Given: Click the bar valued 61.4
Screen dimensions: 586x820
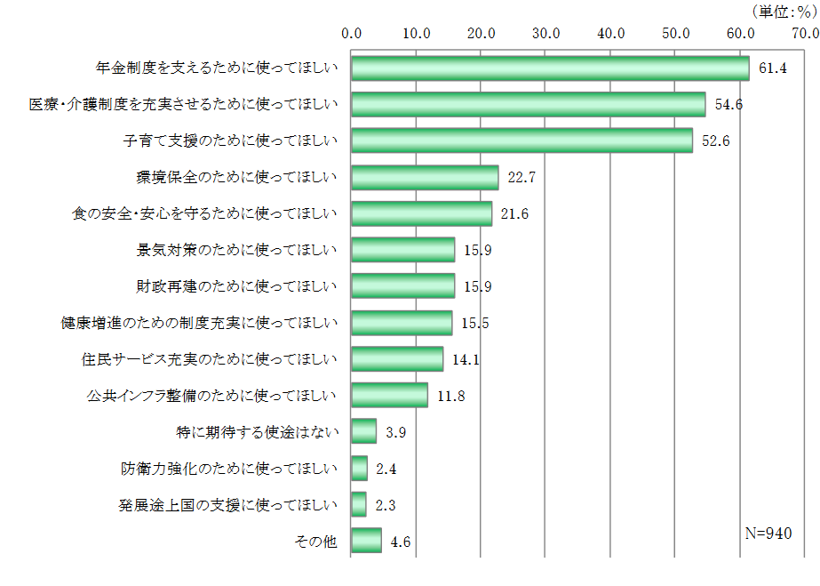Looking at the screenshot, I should tap(550, 68).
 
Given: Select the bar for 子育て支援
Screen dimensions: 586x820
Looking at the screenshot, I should tap(521, 140).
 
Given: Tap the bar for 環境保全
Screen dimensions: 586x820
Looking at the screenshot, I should tap(425, 178).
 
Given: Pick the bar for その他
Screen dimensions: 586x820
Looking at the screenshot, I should tap(366, 541).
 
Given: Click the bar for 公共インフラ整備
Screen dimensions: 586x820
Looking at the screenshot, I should tap(389, 396).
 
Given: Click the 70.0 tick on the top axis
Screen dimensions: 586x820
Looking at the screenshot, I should tap(805, 34).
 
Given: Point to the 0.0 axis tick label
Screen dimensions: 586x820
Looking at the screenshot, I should tap(352, 34).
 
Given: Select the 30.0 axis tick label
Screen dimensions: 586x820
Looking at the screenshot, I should tap(545, 34).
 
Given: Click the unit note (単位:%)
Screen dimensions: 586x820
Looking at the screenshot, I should tap(782, 12).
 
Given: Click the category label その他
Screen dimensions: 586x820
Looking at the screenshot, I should tap(315, 541).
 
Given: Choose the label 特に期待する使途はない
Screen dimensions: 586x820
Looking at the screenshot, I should tap(258, 432).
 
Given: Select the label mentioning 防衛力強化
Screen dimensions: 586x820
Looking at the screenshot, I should tap(229, 469).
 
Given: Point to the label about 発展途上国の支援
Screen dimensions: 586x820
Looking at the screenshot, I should tap(228, 505).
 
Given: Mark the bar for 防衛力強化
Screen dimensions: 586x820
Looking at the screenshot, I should tap(359, 469).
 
